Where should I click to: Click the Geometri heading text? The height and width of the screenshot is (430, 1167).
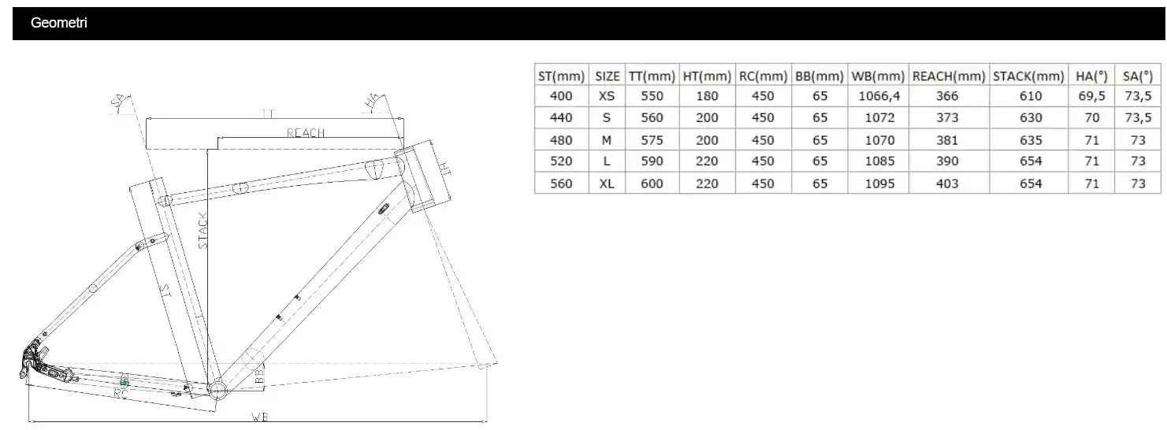59,23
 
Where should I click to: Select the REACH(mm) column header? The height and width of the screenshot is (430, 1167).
949,76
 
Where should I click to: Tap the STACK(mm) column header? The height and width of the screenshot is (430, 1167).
1028,76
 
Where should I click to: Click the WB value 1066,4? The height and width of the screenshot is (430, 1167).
879,96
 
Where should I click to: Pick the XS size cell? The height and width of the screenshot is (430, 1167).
607,96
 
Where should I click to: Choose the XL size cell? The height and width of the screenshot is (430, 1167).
607,183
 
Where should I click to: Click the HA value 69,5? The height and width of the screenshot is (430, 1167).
1091,96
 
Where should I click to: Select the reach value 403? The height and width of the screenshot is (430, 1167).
947,183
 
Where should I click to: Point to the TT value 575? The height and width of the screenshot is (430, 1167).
652,140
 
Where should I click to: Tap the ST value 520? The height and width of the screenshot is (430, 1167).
561,161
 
